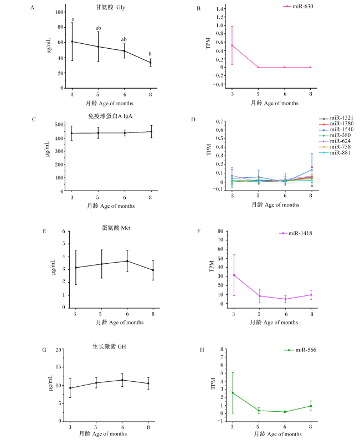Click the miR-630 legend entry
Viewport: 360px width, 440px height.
(x=298, y=6)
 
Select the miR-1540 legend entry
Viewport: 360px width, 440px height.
(x=336, y=129)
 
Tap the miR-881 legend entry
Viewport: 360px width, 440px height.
(x=335, y=152)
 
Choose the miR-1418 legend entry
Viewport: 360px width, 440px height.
(x=296, y=233)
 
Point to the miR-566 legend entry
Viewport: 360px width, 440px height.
(x=300, y=350)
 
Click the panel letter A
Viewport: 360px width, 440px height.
(x=32, y=8)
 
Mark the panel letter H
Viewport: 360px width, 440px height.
(x=202, y=350)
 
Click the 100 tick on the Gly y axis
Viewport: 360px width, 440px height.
(x=59, y=12)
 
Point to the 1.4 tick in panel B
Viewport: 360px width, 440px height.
(x=219, y=9)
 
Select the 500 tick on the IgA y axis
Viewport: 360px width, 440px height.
(x=59, y=125)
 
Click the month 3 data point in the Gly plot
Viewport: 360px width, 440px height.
(x=72, y=42)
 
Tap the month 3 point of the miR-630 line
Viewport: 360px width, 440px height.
(x=232, y=45)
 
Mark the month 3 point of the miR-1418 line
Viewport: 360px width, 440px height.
(x=234, y=275)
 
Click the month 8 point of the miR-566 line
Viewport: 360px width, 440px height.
(x=311, y=406)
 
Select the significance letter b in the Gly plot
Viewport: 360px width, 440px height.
(x=150, y=54)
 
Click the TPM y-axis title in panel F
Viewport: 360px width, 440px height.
(x=212, y=267)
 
